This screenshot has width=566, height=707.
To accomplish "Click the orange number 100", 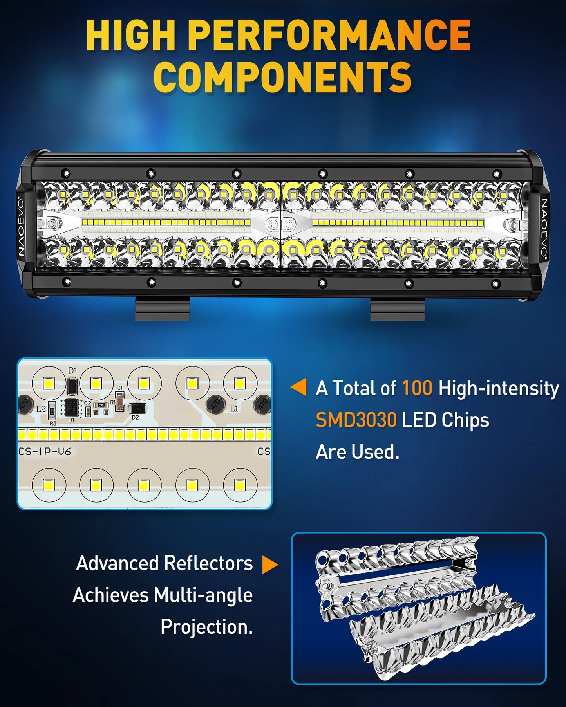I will click(417, 388).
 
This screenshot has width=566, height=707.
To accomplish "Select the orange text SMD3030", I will click(356, 420).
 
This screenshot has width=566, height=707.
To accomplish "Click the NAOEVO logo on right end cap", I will click(544, 227).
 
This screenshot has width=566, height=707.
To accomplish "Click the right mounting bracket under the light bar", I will click(397, 309).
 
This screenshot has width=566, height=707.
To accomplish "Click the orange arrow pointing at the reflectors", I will click(269, 565).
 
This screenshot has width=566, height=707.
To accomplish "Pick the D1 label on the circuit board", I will click(72, 370).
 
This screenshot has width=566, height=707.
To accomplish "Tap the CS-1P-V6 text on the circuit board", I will click(45, 452).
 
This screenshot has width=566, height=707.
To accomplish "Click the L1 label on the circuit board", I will click(234, 409).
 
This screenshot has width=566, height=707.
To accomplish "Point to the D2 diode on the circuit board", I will click(138, 409).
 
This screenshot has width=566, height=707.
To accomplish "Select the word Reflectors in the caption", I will click(208, 563).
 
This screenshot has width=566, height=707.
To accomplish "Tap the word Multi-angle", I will click(203, 595).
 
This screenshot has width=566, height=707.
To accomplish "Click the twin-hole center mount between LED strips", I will click(281, 225).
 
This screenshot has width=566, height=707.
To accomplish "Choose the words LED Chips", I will click(445, 420).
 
